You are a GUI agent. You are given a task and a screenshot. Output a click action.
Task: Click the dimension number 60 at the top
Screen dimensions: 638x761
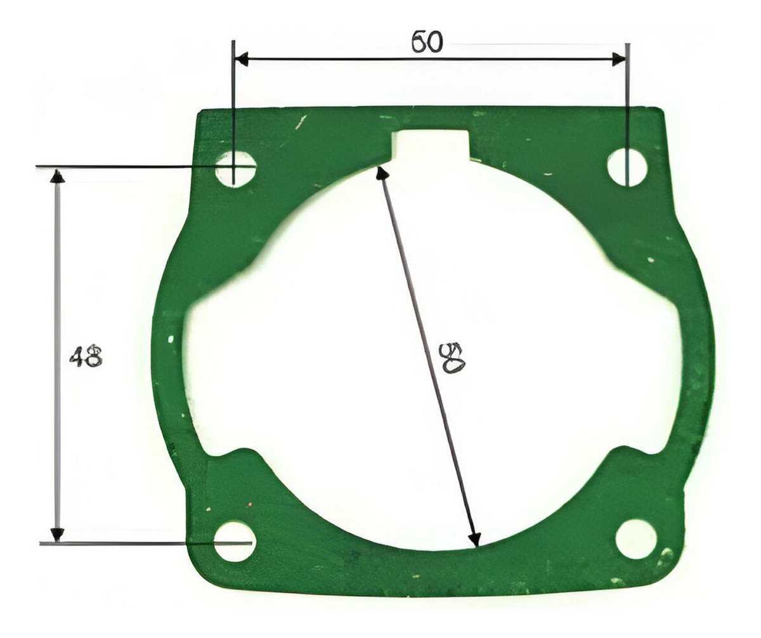click(x=427, y=42)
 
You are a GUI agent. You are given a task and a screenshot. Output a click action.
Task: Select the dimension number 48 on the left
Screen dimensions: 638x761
click(x=86, y=357)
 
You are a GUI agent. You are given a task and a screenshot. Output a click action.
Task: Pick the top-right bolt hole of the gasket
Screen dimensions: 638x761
click(x=627, y=168)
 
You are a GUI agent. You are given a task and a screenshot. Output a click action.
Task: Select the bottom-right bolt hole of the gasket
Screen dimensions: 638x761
click(x=636, y=538)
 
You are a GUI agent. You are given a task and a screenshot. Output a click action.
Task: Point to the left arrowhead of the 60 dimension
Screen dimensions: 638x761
click(x=241, y=59)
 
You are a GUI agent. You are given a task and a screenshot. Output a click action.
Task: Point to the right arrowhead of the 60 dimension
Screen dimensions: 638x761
click(x=620, y=59)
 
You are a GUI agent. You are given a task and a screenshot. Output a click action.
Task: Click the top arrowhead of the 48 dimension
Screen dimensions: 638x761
click(x=58, y=175)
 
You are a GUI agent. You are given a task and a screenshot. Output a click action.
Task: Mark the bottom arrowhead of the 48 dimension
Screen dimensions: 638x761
click(x=58, y=535)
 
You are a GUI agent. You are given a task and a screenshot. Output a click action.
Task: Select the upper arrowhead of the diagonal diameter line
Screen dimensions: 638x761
click(x=381, y=173)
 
